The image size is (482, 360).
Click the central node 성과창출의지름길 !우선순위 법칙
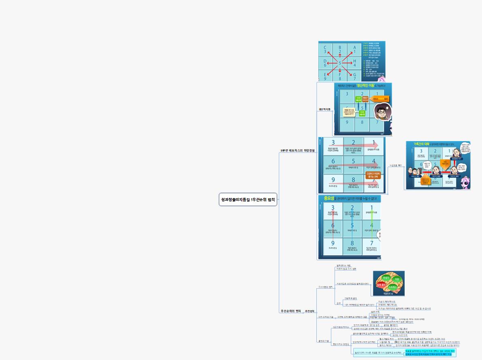pos(248,199)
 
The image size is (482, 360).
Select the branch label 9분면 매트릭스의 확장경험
pos(297,151)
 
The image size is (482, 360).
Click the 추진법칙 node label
pos(309,311)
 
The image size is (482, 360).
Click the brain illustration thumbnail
pos(388,283)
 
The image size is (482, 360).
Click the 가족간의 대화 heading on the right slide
pos(421,144)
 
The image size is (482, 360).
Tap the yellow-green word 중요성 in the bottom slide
pos(328,199)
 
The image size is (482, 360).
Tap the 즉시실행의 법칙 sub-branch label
pos(325,287)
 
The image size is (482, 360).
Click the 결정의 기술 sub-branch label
pos(324,341)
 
